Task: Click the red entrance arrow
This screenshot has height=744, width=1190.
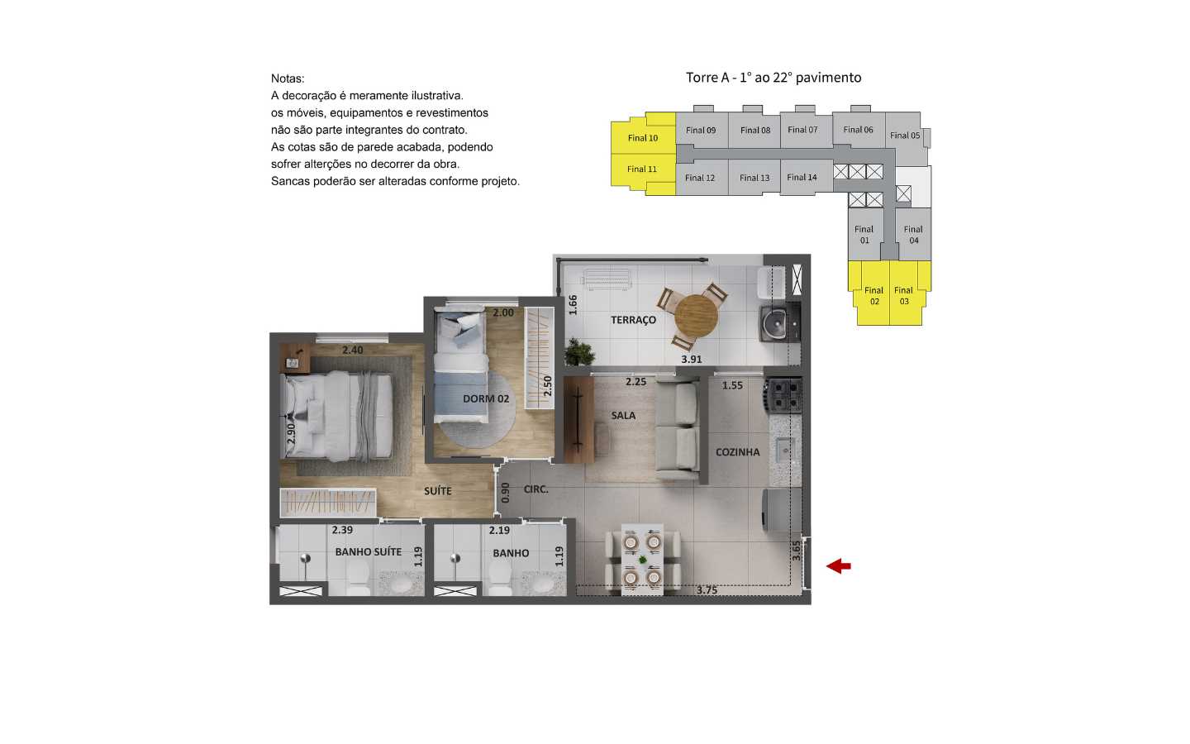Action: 839,566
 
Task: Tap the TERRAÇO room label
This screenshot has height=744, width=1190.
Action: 633,320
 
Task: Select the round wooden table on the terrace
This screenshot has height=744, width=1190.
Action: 696,315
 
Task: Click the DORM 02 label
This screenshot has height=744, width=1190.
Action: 486,398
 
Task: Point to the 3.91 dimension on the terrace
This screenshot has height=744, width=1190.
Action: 691,360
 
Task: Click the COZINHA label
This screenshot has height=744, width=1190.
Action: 737,452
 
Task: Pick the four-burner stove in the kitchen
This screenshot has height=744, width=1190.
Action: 785,395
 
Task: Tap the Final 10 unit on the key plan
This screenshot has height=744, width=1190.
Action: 643,138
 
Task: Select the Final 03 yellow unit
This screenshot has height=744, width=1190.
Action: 904,295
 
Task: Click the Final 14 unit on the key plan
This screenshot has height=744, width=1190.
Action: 802,177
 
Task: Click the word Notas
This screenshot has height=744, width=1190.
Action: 288,79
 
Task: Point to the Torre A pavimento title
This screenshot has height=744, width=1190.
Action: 773,78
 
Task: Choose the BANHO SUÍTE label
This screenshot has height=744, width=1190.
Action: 368,551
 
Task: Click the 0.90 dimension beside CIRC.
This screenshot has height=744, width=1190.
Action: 505,493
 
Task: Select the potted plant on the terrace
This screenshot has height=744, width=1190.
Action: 580,353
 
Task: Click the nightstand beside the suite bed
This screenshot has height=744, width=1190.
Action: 293,360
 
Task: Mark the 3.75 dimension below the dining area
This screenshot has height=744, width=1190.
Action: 707,590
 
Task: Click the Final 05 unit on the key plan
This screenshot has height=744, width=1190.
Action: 905,136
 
